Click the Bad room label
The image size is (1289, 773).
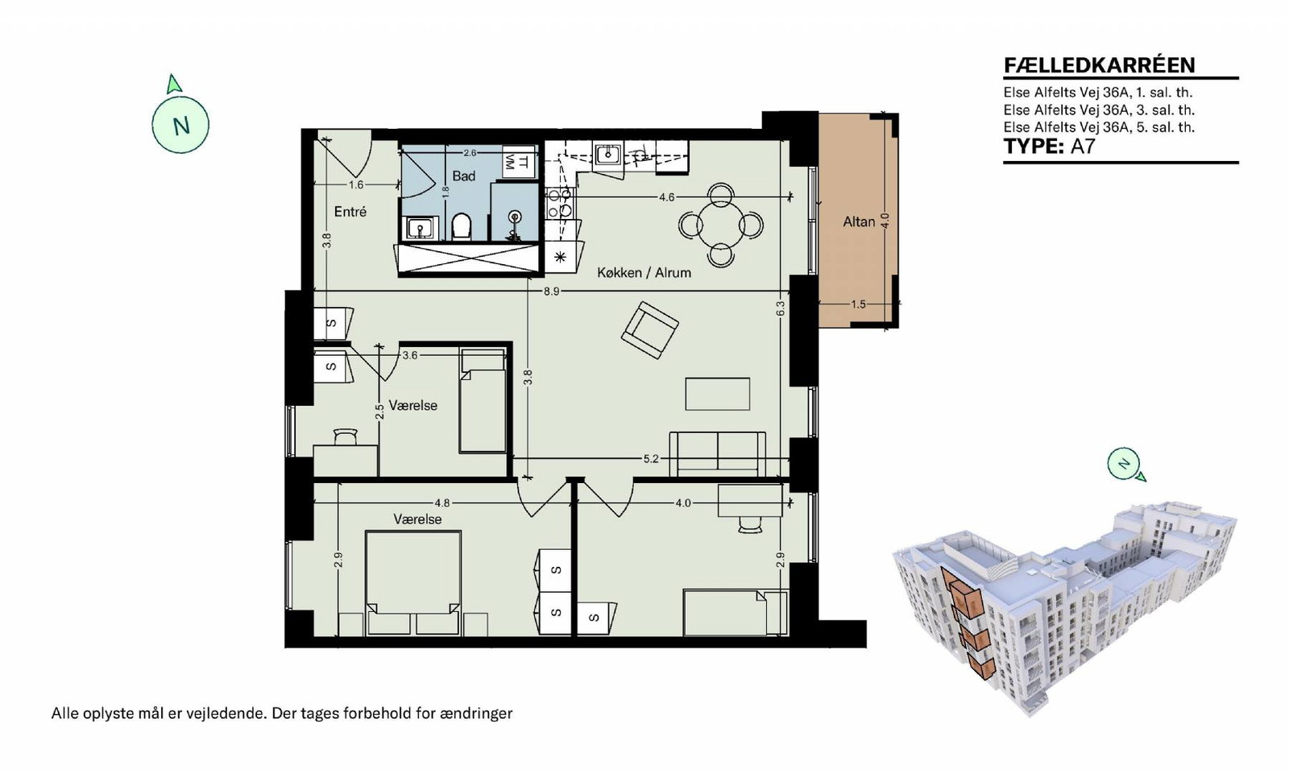tap(463, 176)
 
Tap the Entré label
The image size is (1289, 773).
tap(350, 212)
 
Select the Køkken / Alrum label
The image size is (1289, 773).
tap(644, 273)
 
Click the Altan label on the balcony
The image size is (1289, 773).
tap(859, 221)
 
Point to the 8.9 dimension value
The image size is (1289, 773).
tap(551, 291)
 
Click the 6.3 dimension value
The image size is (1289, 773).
tap(781, 309)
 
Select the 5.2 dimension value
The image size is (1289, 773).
tap(651, 459)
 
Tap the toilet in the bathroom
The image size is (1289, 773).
tap(462, 226)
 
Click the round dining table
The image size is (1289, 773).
tap(720, 225)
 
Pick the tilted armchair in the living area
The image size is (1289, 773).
tap(649, 330)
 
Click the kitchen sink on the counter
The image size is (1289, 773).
tap(607, 155)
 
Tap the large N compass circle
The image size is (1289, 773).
tap(180, 125)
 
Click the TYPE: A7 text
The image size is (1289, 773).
tap(1049, 147)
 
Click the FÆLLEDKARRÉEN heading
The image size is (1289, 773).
tap(1100, 65)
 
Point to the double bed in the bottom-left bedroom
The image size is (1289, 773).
tap(413, 583)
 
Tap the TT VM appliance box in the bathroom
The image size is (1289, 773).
tap(516, 162)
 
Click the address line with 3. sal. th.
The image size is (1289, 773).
tap(1099, 110)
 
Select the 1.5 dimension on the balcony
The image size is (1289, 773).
tap(858, 304)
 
